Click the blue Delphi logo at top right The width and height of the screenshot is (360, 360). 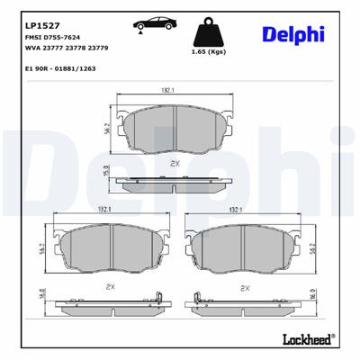pos(292,33)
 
